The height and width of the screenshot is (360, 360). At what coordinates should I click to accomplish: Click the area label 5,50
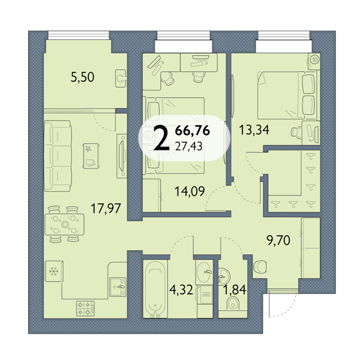click(82, 77)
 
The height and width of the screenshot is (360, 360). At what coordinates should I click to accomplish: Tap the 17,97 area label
click(106, 208)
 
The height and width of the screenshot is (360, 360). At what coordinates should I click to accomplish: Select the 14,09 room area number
click(190, 191)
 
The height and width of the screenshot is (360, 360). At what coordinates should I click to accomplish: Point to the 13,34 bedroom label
click(254, 130)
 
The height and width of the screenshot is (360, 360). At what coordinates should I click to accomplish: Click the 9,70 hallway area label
click(278, 241)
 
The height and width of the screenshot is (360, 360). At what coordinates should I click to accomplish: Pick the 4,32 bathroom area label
click(181, 290)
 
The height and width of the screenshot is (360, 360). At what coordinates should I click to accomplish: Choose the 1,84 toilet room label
click(235, 290)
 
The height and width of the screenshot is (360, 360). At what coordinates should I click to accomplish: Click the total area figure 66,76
click(193, 131)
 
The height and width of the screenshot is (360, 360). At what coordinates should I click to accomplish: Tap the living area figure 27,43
click(189, 146)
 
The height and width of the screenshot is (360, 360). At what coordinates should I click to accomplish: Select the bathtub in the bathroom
click(155, 289)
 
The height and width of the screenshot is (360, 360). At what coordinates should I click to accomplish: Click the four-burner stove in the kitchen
click(86, 308)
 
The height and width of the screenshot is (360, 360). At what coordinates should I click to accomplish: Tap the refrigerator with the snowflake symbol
click(54, 271)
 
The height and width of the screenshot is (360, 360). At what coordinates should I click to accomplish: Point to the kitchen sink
click(118, 287)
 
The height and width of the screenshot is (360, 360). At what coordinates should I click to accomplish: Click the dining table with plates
click(65, 224)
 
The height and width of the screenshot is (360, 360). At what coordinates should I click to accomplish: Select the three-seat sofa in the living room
click(58, 156)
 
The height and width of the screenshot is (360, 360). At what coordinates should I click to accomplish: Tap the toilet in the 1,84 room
click(233, 304)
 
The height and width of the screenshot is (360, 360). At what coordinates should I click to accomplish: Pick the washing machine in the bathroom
click(205, 295)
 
